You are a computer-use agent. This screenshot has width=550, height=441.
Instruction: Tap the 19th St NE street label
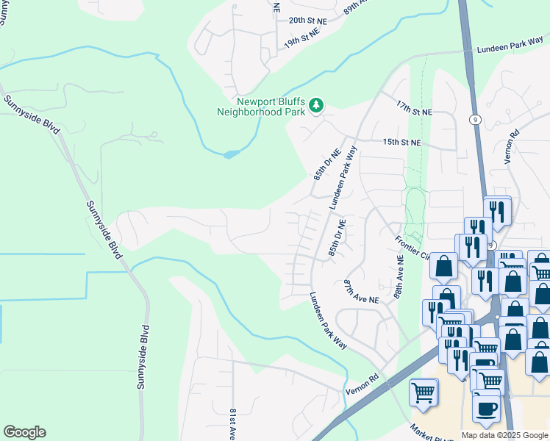[305, 43]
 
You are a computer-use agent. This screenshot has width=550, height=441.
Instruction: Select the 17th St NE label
[414, 108]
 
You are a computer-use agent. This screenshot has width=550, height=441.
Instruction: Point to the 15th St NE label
[402, 142]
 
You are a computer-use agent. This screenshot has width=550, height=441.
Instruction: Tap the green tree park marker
[316, 107]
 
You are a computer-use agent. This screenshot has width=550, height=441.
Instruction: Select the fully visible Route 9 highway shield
[476, 119]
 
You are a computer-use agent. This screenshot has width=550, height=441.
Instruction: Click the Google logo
[24, 432]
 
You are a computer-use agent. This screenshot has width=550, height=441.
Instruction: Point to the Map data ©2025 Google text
[504, 435]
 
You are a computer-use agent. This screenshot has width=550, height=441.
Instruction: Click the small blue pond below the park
[230, 154]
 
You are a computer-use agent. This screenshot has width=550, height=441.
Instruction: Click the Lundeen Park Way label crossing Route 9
[510, 46]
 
